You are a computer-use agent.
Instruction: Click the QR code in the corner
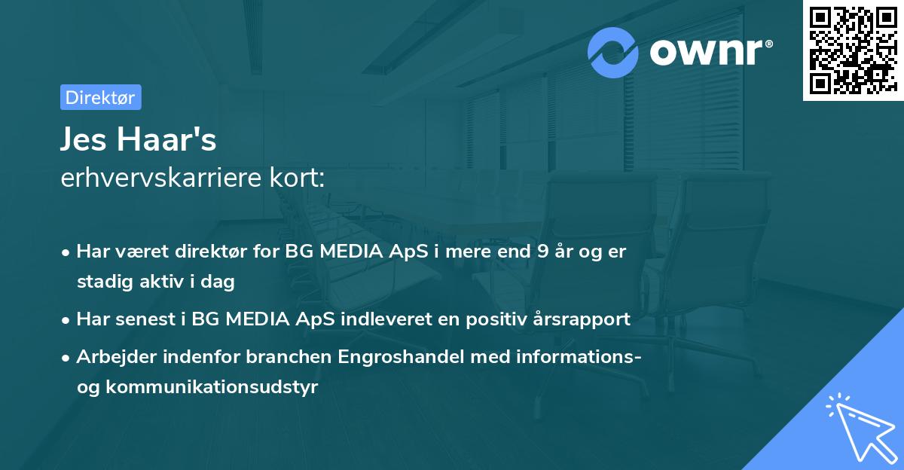(853, 50)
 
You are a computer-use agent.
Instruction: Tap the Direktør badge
(100, 97)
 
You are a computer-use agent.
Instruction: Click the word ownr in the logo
(710, 51)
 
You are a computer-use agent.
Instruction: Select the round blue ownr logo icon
(614, 52)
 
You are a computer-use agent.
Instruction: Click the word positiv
(490, 319)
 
